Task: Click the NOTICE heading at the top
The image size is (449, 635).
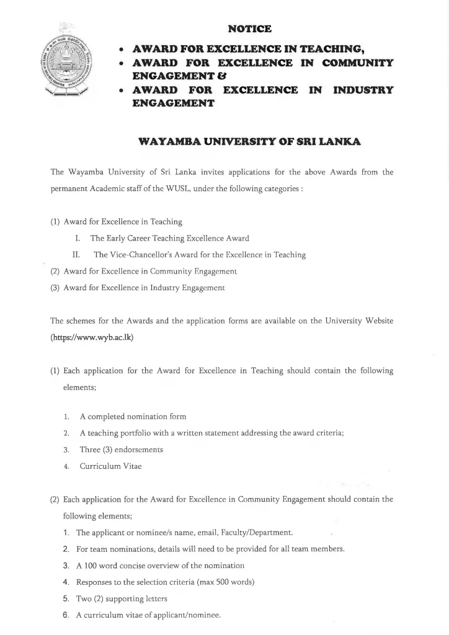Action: (250, 29)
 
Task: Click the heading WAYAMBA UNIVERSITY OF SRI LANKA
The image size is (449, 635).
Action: (250, 141)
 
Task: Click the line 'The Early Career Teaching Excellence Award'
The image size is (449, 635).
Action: (169, 238)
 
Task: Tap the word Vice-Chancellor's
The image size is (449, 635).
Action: (133, 254)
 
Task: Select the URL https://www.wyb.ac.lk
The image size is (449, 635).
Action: (92, 338)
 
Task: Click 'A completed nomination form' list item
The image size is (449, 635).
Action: (133, 417)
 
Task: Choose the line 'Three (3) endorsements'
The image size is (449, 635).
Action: (122, 450)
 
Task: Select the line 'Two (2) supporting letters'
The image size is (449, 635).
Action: (122, 599)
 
